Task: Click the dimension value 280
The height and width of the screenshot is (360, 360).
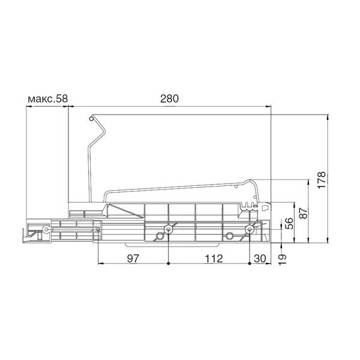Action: pos(169,98)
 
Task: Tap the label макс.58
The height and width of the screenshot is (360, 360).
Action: pos(48,99)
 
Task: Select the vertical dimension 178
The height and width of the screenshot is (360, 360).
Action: pos(322,180)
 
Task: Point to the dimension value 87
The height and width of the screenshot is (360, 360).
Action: pos(303,213)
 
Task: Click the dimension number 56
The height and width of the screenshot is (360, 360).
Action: pos(289,223)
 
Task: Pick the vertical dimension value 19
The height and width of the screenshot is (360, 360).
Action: pos(282,259)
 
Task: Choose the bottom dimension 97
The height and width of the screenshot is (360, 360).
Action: pos(133,259)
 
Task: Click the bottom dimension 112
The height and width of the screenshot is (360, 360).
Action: pos(214,259)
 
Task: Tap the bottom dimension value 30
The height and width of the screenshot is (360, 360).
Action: pos(260,259)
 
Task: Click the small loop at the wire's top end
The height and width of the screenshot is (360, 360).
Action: pos(91,119)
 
